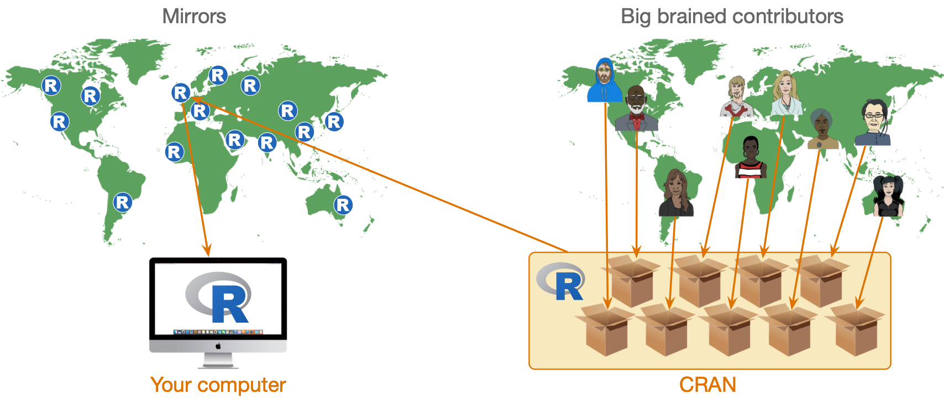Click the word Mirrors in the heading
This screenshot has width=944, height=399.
pyautogui.click(x=194, y=17)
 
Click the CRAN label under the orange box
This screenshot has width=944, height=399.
pyautogui.click(x=707, y=385)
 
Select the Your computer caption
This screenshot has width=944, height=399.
pyautogui.click(x=218, y=385)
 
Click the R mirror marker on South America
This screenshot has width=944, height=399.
pyautogui.click(x=123, y=202)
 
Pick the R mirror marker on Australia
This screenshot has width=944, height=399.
pyautogui.click(x=343, y=205)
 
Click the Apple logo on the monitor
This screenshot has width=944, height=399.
pyautogui.click(x=218, y=346)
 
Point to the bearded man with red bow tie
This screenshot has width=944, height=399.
pyautogui.click(x=636, y=109)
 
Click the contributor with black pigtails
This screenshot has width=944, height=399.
pyautogui.click(x=888, y=196)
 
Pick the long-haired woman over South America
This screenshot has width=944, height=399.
pyautogui.click(x=675, y=193)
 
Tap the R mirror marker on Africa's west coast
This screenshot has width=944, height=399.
pyautogui.click(x=174, y=151)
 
